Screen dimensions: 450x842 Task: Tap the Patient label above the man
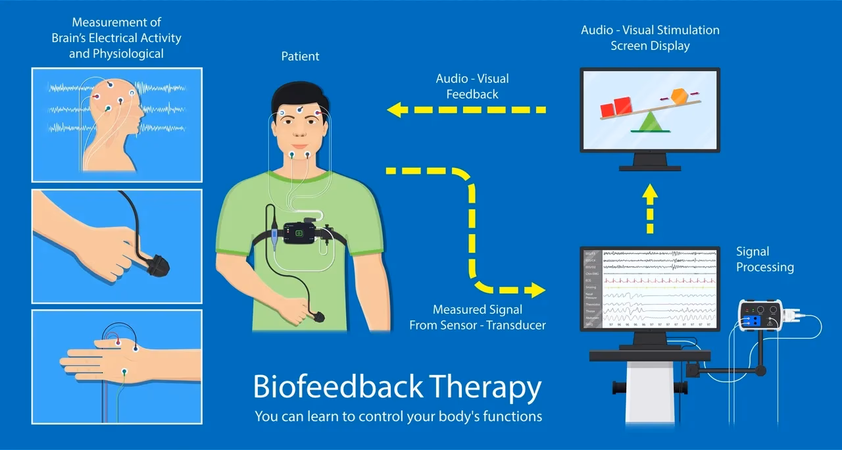pyautogui.click(x=300, y=57)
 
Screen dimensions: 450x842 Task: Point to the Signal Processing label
pyautogui.click(x=764, y=259)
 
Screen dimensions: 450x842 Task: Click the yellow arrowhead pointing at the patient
pyautogui.click(x=395, y=109)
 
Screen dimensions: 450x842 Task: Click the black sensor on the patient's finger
pyautogui.click(x=319, y=317)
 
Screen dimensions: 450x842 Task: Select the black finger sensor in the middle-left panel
pyautogui.click(x=158, y=266)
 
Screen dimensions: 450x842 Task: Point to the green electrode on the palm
pyautogui.click(x=124, y=372)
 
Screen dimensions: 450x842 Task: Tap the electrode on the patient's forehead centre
pyautogui.click(x=300, y=110)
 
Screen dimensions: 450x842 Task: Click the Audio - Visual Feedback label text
pyautogui.click(x=472, y=86)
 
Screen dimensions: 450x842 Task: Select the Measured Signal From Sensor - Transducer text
pyautogui.click(x=478, y=317)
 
